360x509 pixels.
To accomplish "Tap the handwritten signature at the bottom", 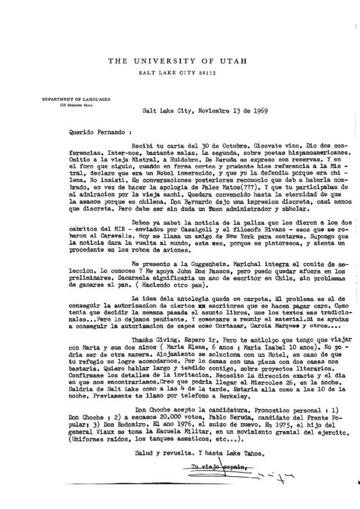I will coord(270,471).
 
